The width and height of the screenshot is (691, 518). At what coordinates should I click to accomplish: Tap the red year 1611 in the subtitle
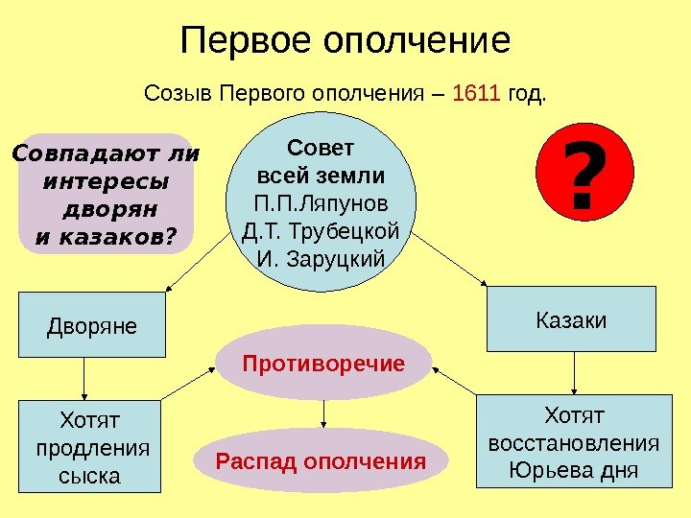(x=476, y=94)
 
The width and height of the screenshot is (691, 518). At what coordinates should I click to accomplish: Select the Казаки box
(x=572, y=318)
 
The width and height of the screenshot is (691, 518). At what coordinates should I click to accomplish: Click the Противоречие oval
(x=323, y=363)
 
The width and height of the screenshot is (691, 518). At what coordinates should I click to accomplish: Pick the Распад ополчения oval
(x=321, y=462)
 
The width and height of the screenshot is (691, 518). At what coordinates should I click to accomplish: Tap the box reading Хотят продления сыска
(x=91, y=447)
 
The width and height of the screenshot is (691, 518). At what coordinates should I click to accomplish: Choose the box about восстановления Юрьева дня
(x=574, y=443)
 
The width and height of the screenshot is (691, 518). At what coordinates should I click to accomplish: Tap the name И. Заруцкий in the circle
(x=322, y=259)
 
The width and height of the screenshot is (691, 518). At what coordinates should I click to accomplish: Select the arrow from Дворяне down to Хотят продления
(x=84, y=377)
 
